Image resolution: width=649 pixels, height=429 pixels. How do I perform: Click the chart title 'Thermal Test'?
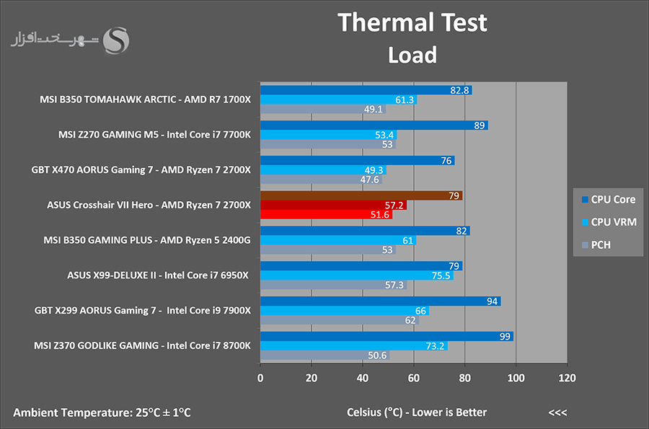(x=412, y=22)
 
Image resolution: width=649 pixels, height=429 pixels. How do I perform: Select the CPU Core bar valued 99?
(x=387, y=336)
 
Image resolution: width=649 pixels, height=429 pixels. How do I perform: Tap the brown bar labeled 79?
(x=361, y=195)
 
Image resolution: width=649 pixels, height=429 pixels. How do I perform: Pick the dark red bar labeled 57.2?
(x=333, y=205)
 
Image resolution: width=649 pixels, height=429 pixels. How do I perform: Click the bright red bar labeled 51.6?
(x=326, y=214)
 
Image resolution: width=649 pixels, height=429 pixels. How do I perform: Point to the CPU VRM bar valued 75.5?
(x=357, y=275)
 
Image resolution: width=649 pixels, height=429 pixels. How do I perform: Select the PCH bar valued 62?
(x=340, y=320)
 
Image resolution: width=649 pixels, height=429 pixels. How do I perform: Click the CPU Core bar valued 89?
(x=374, y=125)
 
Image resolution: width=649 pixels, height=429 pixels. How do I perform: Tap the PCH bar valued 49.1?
(x=323, y=109)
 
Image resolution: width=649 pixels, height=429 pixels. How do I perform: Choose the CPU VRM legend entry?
(x=609, y=222)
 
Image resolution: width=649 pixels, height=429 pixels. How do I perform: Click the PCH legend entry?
(x=596, y=245)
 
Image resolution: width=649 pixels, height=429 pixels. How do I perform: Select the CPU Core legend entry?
(x=609, y=200)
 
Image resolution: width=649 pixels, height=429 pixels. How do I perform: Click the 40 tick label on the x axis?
(x=363, y=378)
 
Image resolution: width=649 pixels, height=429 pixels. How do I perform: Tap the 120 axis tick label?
(x=567, y=378)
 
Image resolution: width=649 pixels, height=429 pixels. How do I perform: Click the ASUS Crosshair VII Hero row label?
(x=149, y=205)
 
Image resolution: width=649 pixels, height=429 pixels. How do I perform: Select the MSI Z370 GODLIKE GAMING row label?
(x=142, y=345)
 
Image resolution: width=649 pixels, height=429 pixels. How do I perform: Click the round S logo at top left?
(x=116, y=40)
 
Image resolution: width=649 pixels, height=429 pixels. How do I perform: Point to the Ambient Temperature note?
(x=102, y=412)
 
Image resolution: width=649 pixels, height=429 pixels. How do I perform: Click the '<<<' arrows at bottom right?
(x=557, y=412)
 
